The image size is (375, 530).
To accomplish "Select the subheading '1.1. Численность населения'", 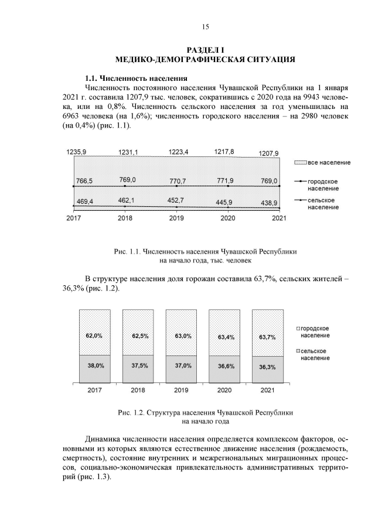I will click(137, 78).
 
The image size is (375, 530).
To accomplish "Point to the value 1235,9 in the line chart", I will click(76, 152).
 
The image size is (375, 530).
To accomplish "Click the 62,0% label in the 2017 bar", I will click(95, 336).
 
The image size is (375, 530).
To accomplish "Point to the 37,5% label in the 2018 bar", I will click(138, 365).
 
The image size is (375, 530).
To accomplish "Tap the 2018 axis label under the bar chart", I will click(138, 389).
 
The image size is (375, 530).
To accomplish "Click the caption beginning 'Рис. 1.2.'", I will click(205, 412).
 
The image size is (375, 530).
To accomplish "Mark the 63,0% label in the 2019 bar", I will click(181, 336).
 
